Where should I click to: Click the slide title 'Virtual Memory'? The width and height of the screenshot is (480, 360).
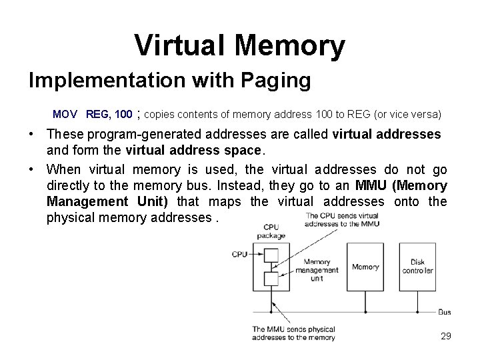[x=239, y=45]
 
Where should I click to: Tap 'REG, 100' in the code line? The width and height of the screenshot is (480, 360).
[x=109, y=114]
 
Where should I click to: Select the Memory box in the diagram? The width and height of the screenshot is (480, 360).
[x=365, y=267]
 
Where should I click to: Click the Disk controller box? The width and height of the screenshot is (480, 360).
[x=417, y=267]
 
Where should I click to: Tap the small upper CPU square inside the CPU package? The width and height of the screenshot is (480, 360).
[x=271, y=254]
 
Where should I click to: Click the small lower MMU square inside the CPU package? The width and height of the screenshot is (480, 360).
[x=271, y=279]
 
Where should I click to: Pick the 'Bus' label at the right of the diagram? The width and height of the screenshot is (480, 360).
[x=445, y=311]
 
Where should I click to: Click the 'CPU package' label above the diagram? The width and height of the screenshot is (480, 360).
[x=271, y=231]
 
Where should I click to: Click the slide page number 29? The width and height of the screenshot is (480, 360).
[x=445, y=336]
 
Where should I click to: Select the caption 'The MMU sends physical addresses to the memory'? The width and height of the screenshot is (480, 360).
[x=293, y=333]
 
